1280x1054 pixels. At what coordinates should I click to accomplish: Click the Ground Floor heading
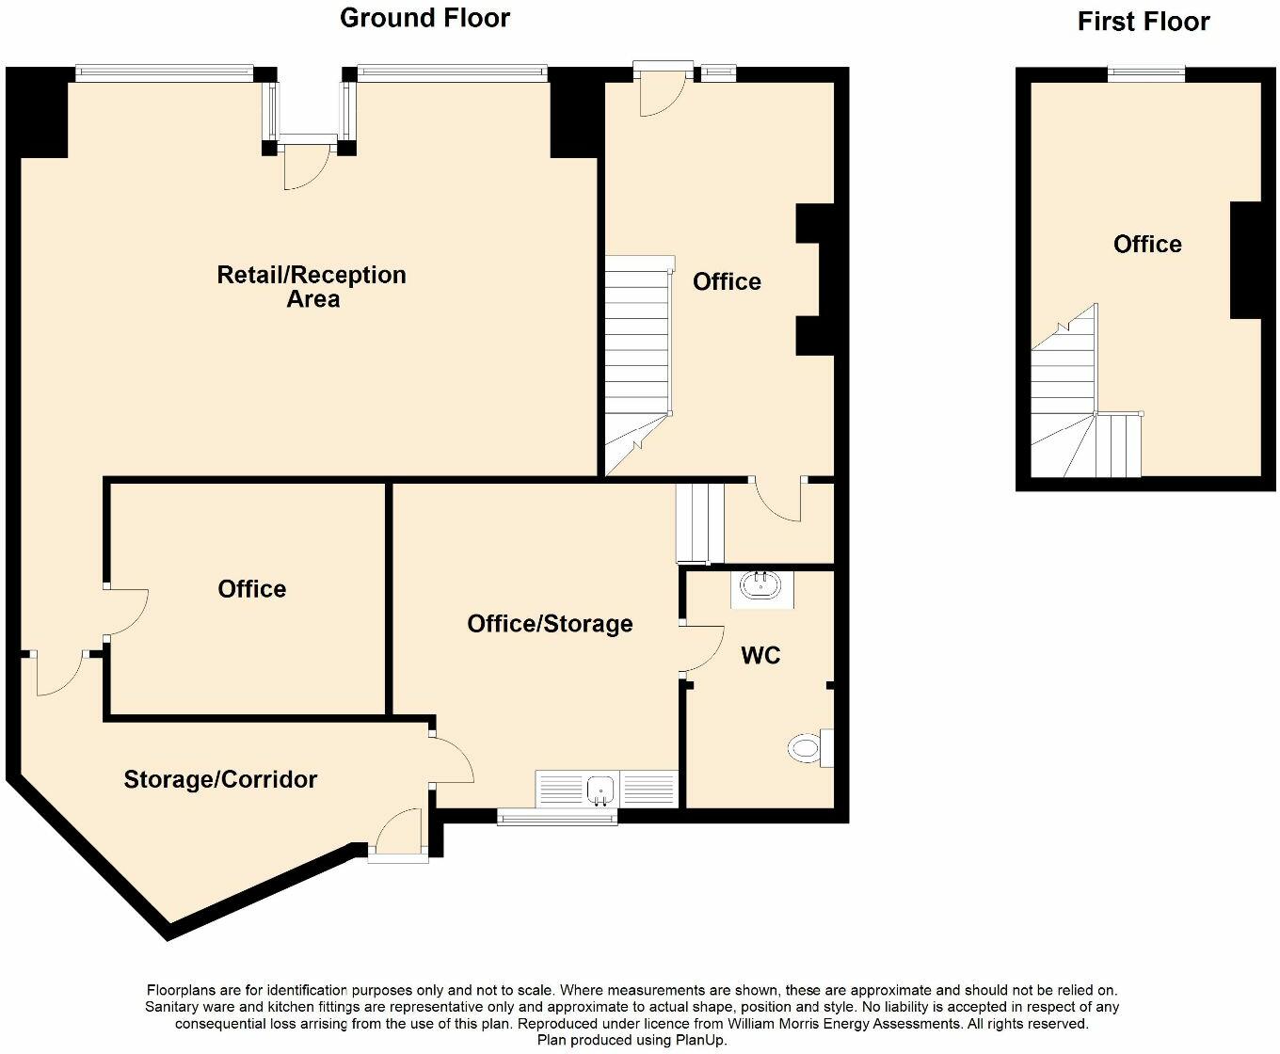tap(424, 18)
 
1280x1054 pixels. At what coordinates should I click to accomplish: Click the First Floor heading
tap(1143, 22)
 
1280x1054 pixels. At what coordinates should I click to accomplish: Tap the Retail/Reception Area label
tap(312, 287)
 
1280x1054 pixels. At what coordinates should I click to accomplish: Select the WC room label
tap(760, 655)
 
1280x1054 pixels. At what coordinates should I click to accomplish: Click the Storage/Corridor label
tap(220, 779)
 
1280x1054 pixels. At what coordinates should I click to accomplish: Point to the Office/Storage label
tap(550, 624)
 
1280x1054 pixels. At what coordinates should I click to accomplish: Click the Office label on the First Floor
tap(1147, 245)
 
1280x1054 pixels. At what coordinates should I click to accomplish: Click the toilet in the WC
tap(808, 748)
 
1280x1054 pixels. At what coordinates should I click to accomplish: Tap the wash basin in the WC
tap(760, 587)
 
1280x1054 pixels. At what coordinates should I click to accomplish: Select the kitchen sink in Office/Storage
tap(600, 789)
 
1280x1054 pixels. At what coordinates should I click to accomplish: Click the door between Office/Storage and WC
tap(698, 647)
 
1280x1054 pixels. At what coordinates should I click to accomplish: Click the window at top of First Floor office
tap(1145, 73)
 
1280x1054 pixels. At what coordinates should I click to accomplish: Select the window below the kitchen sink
tap(557, 819)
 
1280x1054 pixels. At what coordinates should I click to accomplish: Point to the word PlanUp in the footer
tap(700, 1040)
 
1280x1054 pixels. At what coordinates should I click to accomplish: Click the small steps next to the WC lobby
tap(700, 523)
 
